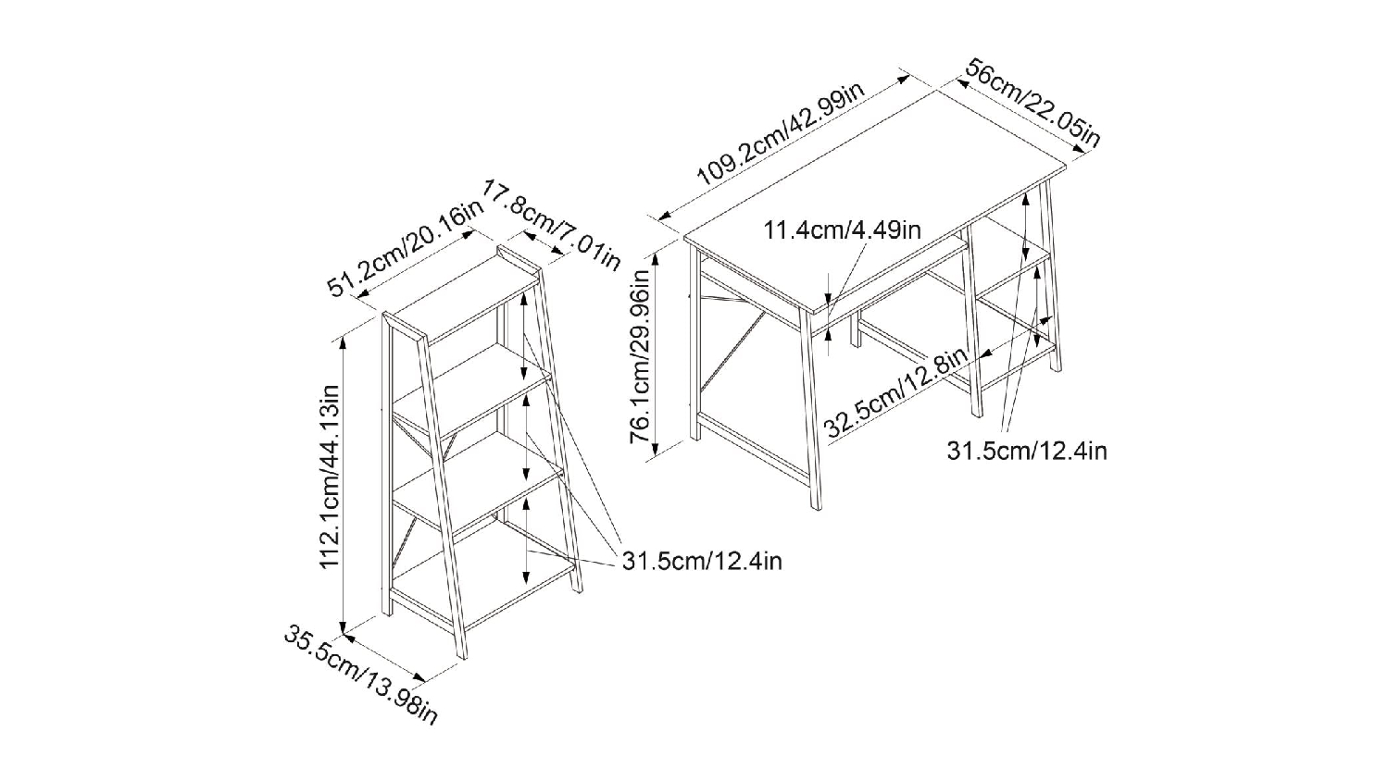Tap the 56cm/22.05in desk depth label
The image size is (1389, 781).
point(1032,103)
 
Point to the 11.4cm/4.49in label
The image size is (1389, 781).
point(842,229)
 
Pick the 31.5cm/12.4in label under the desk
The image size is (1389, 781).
point(1026,451)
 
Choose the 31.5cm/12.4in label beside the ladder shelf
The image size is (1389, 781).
point(702,561)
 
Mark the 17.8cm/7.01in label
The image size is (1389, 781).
point(550,228)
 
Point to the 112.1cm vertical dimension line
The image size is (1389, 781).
point(344,481)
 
